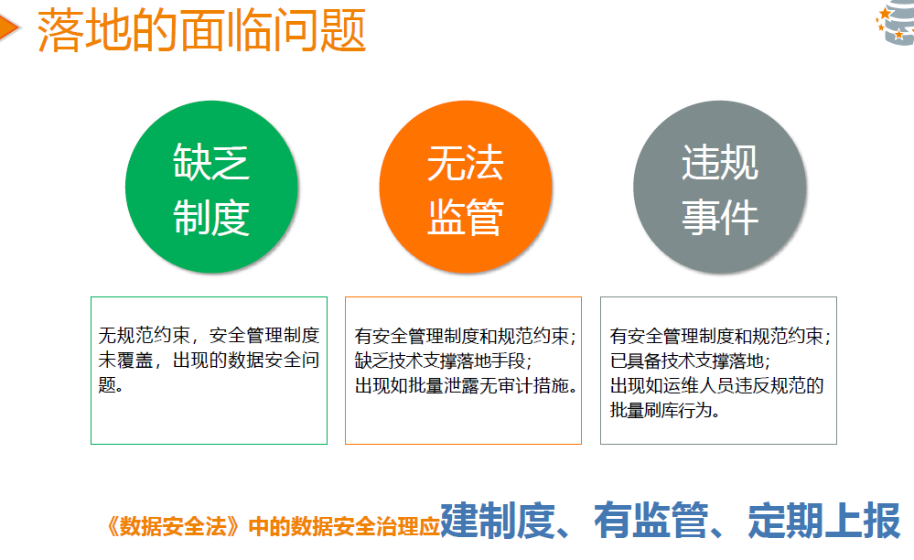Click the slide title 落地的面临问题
click(201, 30)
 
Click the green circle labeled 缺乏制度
click(211, 187)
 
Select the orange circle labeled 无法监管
click(466, 187)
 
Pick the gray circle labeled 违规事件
click(720, 187)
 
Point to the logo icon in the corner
click(896, 22)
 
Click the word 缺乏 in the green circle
click(211, 162)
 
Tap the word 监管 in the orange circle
click(466, 217)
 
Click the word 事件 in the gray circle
click(720, 217)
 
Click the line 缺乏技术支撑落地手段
click(443, 361)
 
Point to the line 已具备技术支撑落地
click(690, 361)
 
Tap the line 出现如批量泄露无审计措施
click(466, 386)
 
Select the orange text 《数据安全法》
click(173, 526)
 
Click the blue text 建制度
click(497, 521)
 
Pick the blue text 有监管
click(651, 521)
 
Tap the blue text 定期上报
click(824, 521)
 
